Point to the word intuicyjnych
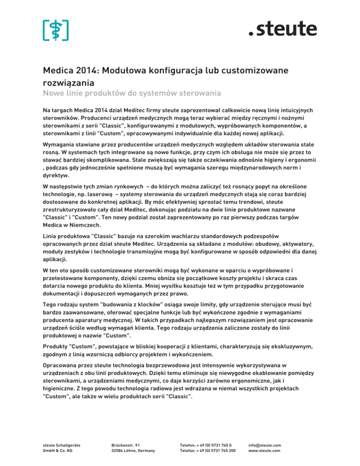291,109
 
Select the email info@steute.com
265,445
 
